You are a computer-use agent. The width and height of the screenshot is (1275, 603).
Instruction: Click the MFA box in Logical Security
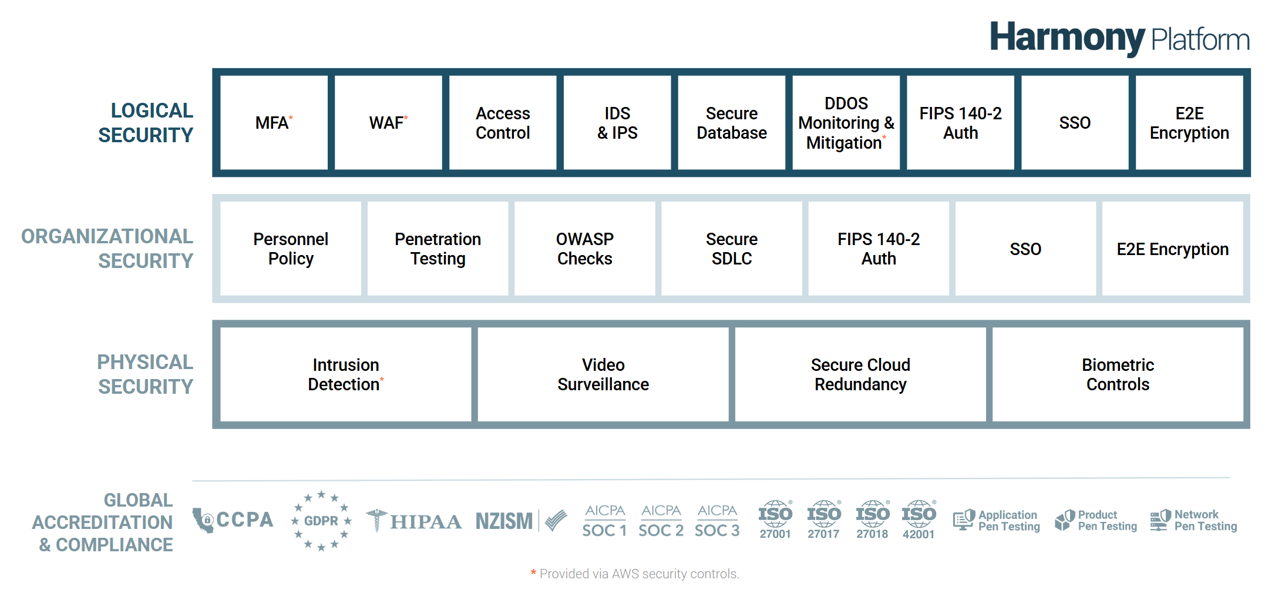274,123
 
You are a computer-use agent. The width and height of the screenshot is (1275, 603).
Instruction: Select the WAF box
388,123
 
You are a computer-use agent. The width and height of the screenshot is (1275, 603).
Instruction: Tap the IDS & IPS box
617,123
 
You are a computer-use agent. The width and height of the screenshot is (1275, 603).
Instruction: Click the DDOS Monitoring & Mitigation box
846,123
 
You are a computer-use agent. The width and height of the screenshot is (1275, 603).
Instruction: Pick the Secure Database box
731,123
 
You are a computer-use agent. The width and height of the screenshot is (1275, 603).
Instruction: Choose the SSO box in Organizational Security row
1025,249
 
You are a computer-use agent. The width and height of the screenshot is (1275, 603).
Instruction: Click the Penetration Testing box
438,249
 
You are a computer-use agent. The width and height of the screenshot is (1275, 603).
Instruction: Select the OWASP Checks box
584,249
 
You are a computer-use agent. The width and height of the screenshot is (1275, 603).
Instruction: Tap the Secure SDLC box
731,249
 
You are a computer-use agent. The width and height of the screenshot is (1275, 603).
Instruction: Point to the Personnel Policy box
291,249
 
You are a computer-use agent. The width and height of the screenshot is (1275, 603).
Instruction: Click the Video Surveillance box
603,374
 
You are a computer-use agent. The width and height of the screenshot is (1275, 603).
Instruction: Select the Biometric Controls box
1118,374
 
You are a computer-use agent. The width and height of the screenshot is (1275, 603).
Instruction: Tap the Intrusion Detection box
345,374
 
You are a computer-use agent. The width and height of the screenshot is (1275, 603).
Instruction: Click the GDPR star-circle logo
321,521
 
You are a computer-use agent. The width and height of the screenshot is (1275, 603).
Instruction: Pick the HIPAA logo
414,521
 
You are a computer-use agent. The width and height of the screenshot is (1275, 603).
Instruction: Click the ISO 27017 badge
823,520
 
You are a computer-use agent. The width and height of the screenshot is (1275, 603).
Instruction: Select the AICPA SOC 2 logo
661,521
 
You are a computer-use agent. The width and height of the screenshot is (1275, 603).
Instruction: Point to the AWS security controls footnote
635,574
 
